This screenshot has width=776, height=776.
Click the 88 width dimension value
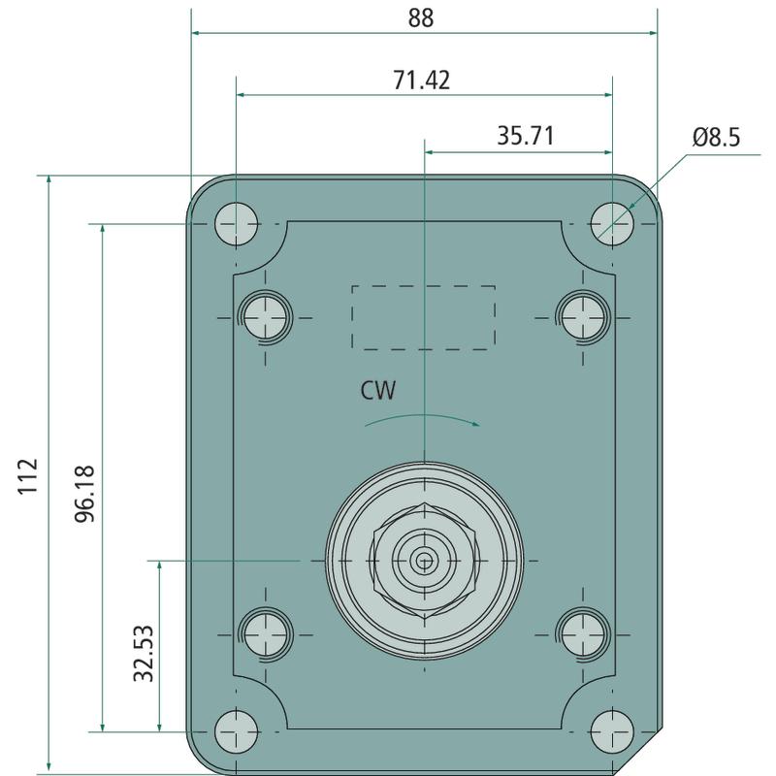(x=421, y=17)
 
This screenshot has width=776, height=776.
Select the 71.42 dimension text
(x=422, y=81)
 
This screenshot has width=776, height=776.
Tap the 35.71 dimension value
(x=526, y=136)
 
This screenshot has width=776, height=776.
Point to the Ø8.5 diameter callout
(x=716, y=137)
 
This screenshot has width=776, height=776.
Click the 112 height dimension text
(x=28, y=476)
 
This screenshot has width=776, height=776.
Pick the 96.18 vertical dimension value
(x=84, y=494)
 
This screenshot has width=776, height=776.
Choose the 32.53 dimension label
(x=144, y=653)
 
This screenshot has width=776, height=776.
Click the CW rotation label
(x=378, y=391)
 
